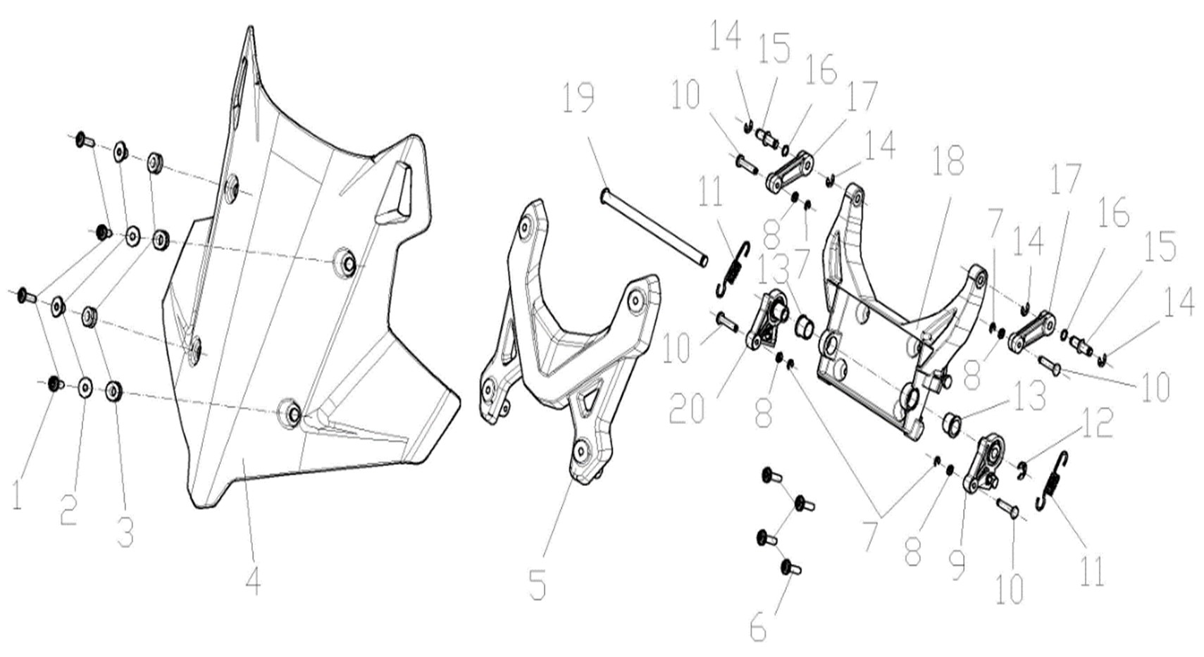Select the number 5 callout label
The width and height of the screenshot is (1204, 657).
[x=537, y=584]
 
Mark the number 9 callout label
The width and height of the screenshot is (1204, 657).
[x=957, y=565]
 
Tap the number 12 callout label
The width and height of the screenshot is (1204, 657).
[x=1096, y=423]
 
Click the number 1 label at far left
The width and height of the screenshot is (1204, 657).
[x=17, y=495]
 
